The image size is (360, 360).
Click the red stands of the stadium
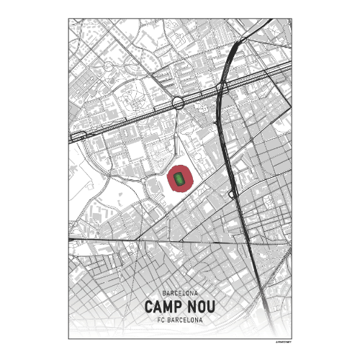[x=171, y=178]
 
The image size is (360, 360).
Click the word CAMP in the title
[x=163, y=307]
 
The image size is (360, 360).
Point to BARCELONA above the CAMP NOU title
[x=180, y=294]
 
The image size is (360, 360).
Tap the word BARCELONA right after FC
[x=185, y=320]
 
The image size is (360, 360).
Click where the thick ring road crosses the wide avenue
[x=222, y=88]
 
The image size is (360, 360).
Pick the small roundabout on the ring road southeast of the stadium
[x=231, y=194]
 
